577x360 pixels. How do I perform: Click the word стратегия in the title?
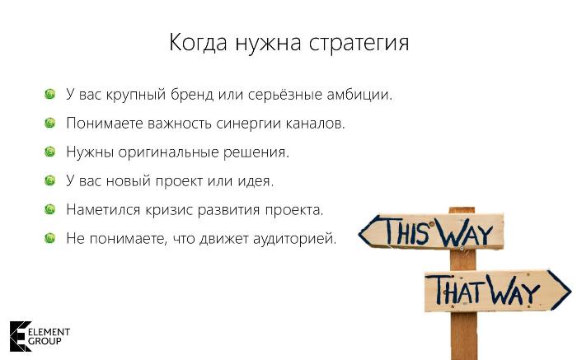[359, 44]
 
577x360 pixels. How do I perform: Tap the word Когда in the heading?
[198, 43]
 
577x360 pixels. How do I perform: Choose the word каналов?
[316, 124]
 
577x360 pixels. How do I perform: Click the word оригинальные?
[168, 152]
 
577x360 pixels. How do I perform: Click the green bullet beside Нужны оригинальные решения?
[49, 152]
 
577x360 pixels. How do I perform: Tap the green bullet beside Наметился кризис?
[49, 209]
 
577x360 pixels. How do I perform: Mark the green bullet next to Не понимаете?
[49, 238]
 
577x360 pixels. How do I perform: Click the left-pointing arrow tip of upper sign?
[359, 233]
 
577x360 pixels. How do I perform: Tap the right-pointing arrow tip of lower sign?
[570, 290]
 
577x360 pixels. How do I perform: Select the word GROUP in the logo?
[45, 341]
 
